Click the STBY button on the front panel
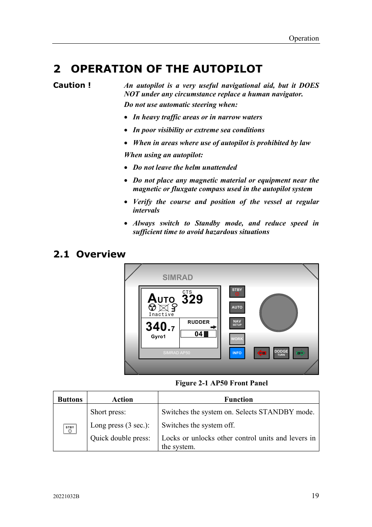coord(237,291)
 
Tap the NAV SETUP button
coord(237,323)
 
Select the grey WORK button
coord(237,339)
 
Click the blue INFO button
coord(237,353)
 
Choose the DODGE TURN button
coord(281,353)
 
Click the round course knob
coord(278,312)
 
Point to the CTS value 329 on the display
coord(192,299)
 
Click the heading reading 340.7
coord(160,326)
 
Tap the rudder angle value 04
coord(198,334)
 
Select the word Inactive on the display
coord(161,314)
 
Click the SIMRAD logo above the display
coord(177,277)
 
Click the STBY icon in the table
coord(70,429)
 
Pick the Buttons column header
coord(70,399)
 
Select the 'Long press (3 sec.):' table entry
coord(120,425)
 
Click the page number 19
coord(315,496)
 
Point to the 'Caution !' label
coord(72,85)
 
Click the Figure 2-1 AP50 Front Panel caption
coord(221,383)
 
